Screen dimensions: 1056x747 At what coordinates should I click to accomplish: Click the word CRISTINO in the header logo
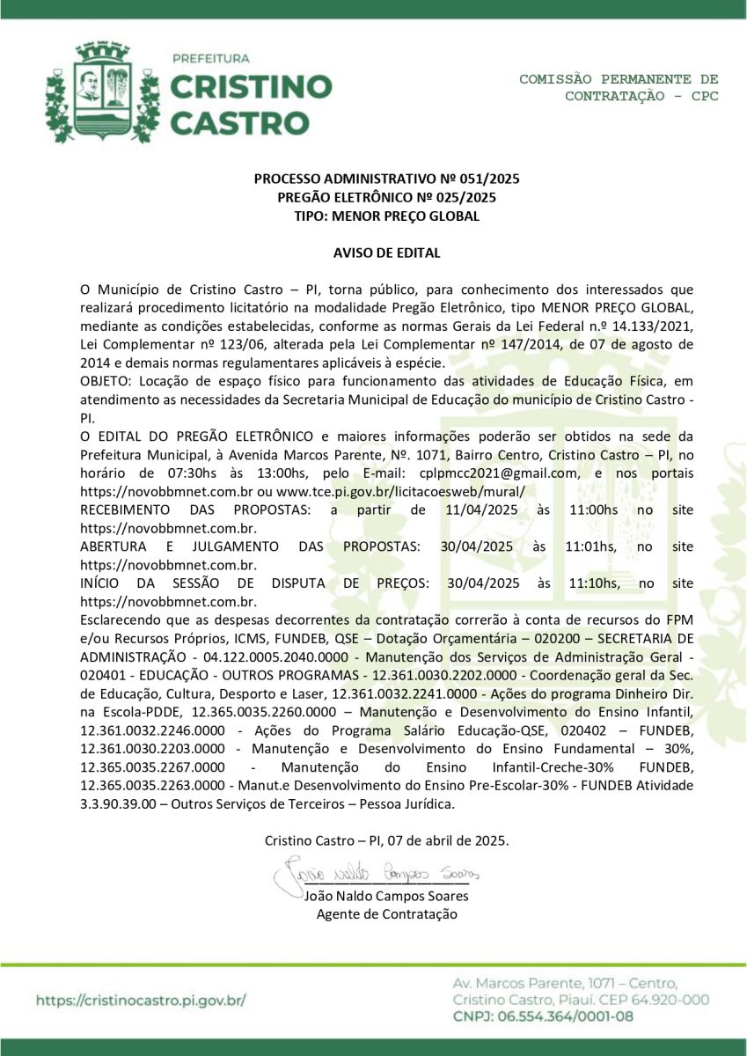click(251, 87)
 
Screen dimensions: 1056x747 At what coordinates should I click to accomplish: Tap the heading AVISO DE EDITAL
click(386, 253)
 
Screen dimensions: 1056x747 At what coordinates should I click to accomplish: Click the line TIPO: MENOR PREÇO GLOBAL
click(386, 216)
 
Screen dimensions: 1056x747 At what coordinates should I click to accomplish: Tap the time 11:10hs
click(595, 583)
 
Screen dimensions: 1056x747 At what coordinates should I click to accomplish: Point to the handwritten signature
click(378, 875)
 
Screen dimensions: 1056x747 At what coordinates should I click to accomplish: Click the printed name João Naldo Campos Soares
click(386, 896)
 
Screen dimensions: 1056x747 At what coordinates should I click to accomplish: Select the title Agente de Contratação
click(387, 914)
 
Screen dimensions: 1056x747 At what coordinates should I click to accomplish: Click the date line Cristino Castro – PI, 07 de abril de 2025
click(386, 840)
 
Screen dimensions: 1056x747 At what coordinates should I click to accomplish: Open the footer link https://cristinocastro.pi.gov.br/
click(141, 1001)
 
